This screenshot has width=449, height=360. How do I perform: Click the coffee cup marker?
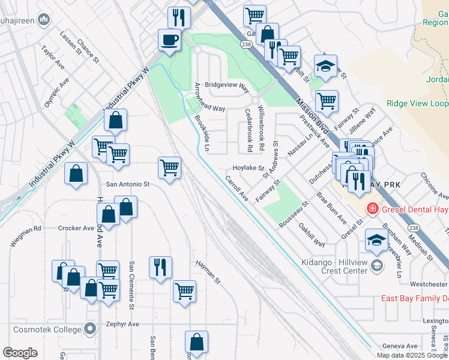point(169,41)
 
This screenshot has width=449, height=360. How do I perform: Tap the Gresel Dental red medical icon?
point(372,208)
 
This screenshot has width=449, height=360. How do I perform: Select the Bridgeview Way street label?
point(226,86)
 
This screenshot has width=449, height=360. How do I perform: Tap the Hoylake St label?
point(248,169)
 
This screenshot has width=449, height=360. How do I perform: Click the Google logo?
point(20,352)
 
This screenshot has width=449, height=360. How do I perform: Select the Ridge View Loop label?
point(417,103)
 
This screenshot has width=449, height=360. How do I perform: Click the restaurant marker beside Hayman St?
point(160,267)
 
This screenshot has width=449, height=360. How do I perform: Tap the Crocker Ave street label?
point(76,228)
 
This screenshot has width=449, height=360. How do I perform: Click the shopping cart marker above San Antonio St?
point(169,167)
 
